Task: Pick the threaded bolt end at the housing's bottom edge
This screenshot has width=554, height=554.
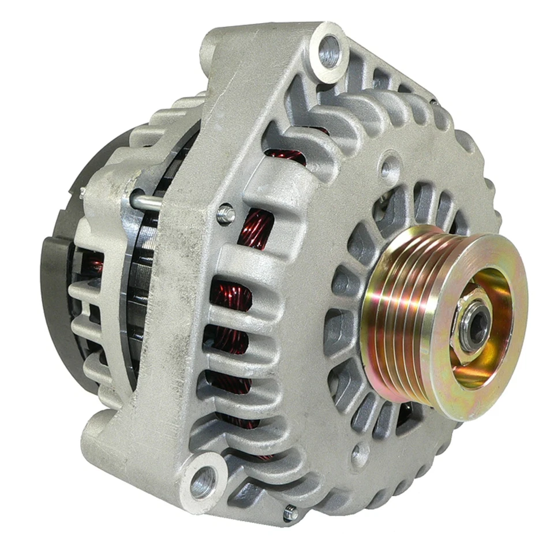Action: point(289,511)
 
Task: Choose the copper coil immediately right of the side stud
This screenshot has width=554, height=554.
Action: point(254,225)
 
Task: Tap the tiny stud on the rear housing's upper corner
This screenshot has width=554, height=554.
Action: point(83,190)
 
